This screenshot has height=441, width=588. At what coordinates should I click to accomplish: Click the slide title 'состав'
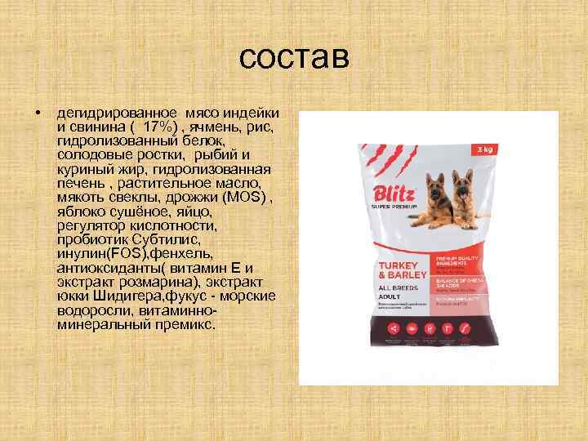click(295, 59)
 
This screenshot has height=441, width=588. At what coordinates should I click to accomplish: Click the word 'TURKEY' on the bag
click(394, 267)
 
